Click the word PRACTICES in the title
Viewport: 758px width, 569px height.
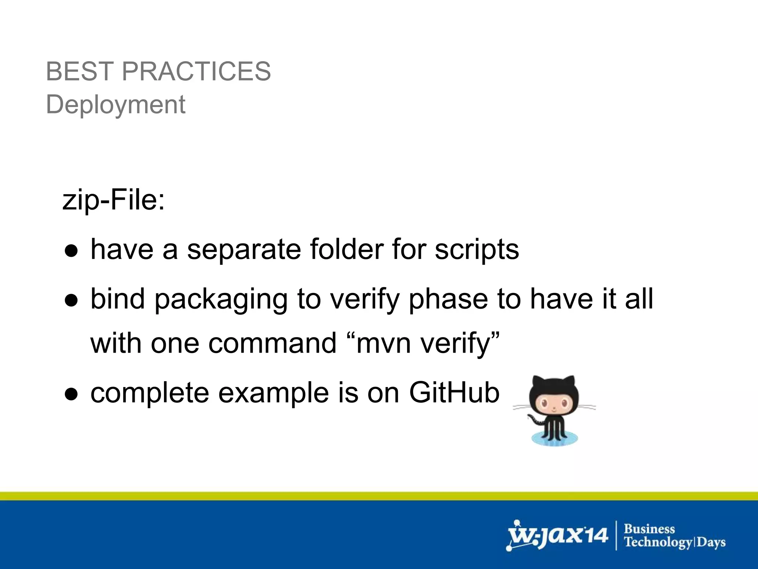(x=196, y=71)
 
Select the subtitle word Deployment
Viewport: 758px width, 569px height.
(x=115, y=104)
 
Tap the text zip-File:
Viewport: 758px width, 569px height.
(x=114, y=200)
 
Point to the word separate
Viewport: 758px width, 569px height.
(x=244, y=249)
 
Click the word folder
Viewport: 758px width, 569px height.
(x=346, y=249)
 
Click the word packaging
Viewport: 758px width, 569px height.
(x=221, y=300)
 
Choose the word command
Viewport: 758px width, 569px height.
(x=272, y=343)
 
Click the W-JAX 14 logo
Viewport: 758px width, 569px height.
(x=557, y=536)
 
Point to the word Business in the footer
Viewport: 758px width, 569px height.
(x=650, y=529)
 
